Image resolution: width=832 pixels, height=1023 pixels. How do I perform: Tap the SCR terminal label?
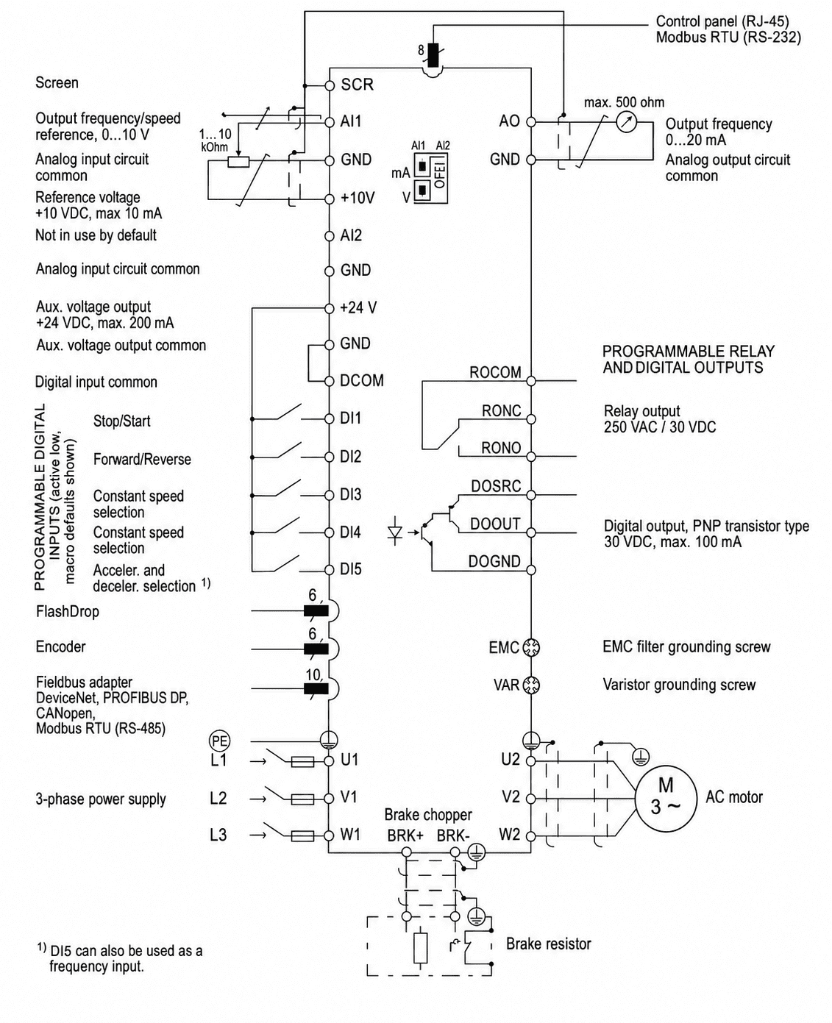[357, 85]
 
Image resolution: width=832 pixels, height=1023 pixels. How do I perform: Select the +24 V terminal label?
[358, 307]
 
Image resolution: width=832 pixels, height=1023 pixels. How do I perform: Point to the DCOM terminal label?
[362, 380]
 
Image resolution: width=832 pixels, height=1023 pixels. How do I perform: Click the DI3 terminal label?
[350, 494]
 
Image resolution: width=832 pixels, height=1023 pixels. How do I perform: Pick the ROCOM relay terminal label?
[495, 372]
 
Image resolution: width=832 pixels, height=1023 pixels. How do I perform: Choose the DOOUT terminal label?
[495, 524]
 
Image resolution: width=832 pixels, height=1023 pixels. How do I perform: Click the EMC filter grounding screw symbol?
[531, 647]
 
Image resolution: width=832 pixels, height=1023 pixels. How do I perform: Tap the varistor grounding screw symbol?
[531, 685]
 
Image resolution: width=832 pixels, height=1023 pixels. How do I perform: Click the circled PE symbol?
[219, 741]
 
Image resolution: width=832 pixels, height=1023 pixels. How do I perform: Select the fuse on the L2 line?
[302, 799]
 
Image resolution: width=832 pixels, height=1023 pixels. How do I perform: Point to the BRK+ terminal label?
[405, 835]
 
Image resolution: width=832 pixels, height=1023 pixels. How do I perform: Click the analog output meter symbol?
[627, 122]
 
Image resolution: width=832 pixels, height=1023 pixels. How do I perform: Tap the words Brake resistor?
[549, 944]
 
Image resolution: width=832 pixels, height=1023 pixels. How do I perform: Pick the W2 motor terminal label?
[510, 834]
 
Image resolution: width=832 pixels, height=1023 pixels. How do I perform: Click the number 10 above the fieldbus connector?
[313, 675]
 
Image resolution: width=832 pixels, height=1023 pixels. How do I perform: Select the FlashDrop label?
[68, 611]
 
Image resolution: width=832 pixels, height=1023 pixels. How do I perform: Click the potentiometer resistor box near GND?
[238, 161]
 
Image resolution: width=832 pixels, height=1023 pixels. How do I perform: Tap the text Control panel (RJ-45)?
[722, 21]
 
